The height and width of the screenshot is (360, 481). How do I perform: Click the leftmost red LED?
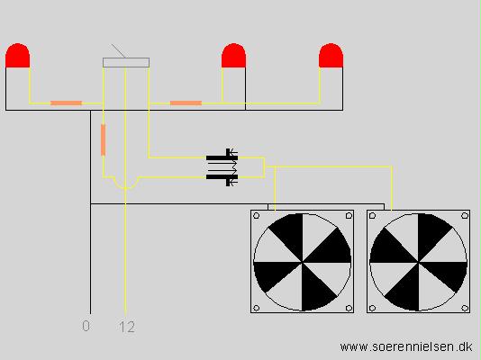17,56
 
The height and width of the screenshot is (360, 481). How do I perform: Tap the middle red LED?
234,56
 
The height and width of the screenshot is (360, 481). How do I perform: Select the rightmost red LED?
331,56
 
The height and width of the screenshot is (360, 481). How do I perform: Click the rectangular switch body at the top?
126,62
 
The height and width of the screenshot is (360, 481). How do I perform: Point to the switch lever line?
118,51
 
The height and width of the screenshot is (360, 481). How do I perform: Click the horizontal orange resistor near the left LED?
67,103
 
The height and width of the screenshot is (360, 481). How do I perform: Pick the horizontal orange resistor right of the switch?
186,103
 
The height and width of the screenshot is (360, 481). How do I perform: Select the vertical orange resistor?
103,140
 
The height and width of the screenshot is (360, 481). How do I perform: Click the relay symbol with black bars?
222,167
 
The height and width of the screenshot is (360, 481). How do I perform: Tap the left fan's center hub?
303,262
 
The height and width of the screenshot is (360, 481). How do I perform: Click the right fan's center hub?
419,262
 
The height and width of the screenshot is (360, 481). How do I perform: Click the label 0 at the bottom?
86,326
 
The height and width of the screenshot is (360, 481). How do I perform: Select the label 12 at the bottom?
127,327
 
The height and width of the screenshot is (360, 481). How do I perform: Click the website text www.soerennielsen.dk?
406,347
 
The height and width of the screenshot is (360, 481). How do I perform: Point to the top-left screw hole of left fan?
257,216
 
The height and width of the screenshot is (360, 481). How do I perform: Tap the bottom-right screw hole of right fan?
465,308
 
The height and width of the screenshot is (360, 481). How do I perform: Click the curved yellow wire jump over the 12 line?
125,187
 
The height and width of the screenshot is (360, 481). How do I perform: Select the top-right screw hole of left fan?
349,216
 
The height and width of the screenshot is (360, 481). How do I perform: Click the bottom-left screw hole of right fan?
372,308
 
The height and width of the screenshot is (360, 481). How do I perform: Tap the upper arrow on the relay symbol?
233,151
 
